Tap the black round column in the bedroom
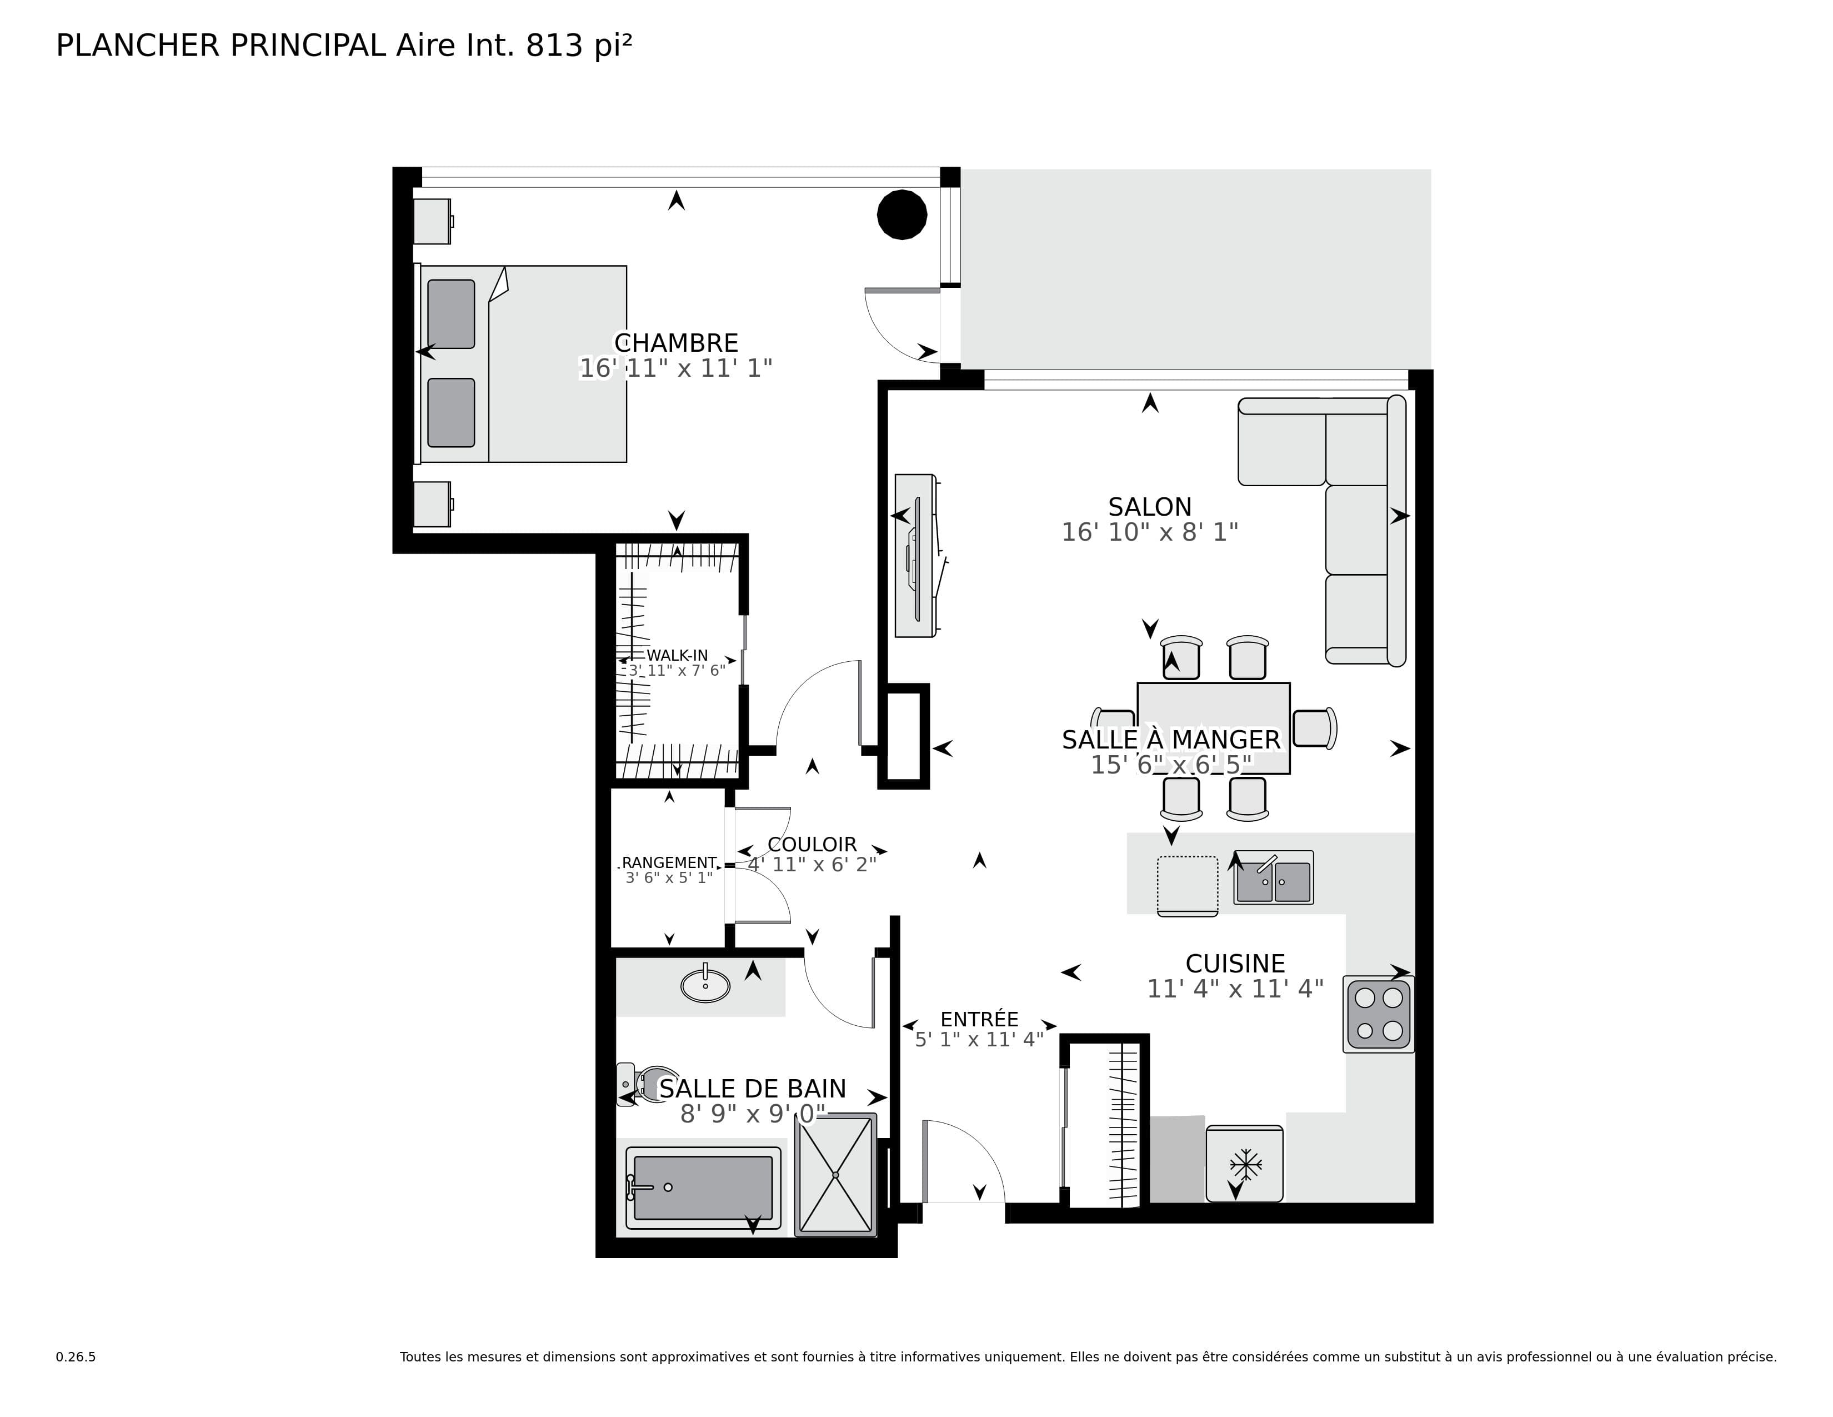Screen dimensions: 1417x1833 902,215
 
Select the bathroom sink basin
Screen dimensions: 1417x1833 705,986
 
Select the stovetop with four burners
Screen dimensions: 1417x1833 1378,1014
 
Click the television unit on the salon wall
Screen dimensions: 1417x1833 916,556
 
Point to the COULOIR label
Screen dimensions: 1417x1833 812,845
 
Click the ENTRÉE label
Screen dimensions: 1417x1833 979,1019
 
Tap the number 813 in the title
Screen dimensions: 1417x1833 554,46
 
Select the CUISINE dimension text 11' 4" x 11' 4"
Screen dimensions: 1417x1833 1235,989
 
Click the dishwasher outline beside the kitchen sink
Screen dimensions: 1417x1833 1187,885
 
